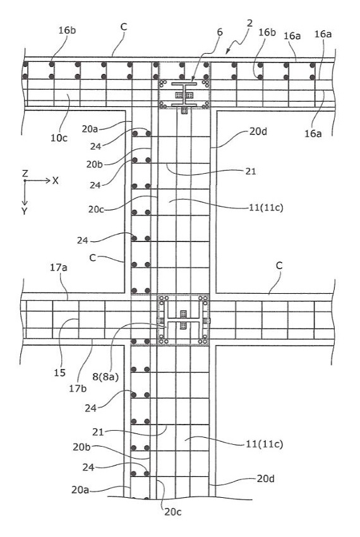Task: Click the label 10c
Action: [59, 138]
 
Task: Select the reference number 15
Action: [59, 372]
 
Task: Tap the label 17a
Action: [59, 267]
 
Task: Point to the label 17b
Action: [78, 389]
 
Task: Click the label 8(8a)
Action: [105, 377]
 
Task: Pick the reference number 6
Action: [220, 32]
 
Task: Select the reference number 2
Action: [249, 23]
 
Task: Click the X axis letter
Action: [55, 181]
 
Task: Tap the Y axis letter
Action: [25, 211]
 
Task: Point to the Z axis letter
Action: [25, 173]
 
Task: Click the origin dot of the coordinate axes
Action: [25, 181]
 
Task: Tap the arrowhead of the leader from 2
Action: [227, 52]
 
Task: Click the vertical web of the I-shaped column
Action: [184, 94]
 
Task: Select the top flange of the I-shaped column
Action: [184, 83]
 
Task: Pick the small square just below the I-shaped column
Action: [184, 111]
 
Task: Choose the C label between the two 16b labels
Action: [124, 27]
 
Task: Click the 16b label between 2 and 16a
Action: [267, 32]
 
